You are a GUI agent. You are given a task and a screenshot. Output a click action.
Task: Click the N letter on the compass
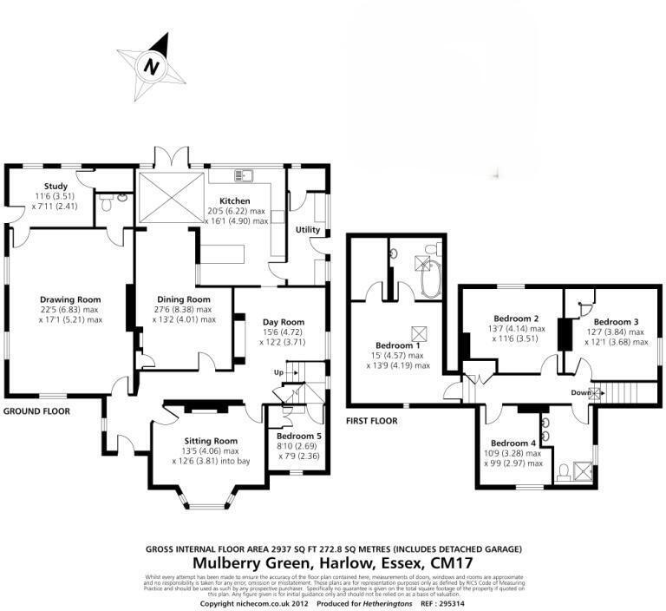click(153, 66)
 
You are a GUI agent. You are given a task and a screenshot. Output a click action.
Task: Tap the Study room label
click(56, 185)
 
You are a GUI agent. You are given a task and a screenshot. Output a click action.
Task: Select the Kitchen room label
click(235, 200)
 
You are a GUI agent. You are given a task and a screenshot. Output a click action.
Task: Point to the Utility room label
click(308, 230)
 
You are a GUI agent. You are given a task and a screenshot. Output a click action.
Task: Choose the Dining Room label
click(183, 299)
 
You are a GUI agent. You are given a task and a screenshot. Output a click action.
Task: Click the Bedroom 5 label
click(297, 436)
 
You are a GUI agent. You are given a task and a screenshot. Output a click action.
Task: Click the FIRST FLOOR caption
click(371, 421)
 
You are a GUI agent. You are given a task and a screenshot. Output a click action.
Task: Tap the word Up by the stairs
click(278, 371)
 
